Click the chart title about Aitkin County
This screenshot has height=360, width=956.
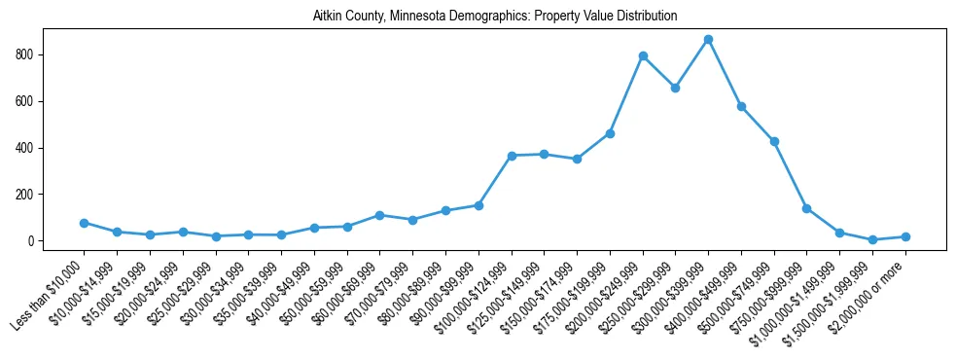tap(495, 17)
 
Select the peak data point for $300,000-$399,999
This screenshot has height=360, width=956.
tap(709, 39)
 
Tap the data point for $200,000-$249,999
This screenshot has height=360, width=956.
tap(643, 55)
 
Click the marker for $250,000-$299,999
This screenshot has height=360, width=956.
tap(676, 88)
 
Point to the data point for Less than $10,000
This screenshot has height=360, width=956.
tap(85, 223)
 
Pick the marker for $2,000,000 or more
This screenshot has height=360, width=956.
tap(905, 236)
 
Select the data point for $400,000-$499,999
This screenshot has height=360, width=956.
tap(741, 106)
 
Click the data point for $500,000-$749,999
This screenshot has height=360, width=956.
tap(774, 141)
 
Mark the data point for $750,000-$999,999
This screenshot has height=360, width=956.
tap(807, 208)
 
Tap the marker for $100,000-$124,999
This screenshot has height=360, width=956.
tap(512, 156)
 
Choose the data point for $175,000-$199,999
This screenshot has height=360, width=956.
tap(610, 133)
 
